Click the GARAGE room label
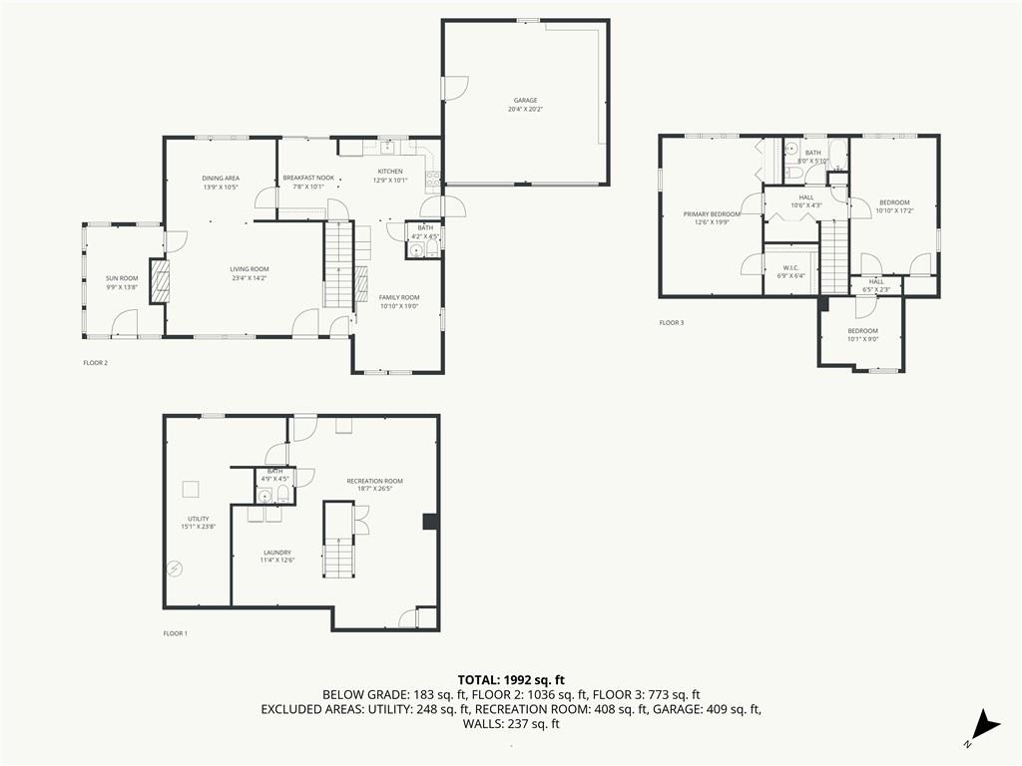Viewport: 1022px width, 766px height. click(x=525, y=100)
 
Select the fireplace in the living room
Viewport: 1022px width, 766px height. click(x=159, y=280)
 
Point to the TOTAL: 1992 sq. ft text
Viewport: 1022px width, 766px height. click(x=510, y=679)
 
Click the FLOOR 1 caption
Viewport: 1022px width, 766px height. click(x=175, y=633)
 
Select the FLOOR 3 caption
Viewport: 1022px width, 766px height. click(x=672, y=322)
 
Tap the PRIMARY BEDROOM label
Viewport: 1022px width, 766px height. click(x=712, y=214)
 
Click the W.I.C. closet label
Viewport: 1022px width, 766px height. click(x=789, y=267)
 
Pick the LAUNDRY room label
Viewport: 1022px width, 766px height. click(x=277, y=552)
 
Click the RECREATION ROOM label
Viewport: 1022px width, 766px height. click(x=374, y=481)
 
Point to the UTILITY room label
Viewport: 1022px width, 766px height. click(x=198, y=519)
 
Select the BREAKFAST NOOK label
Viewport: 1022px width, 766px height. click(x=307, y=178)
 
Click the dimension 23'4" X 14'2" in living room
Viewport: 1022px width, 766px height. click(x=249, y=277)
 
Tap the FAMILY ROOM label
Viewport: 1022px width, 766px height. click(x=398, y=297)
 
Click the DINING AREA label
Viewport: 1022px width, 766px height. click(x=221, y=178)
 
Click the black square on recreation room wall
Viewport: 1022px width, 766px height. click(x=429, y=522)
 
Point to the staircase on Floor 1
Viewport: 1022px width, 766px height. click(x=337, y=555)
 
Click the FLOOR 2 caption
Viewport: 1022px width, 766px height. click(x=95, y=362)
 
